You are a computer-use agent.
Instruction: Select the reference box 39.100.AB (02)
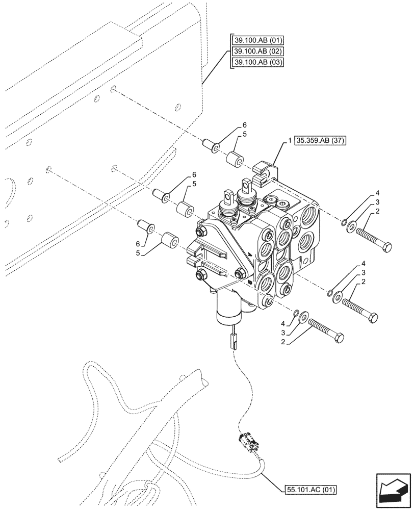pyautogui.click(x=258, y=52)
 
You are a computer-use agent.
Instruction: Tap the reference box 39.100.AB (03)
pyautogui.click(x=258, y=62)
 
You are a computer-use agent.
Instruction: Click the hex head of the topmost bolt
pyautogui.click(x=387, y=248)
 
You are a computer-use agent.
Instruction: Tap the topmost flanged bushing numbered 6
pyautogui.click(x=211, y=146)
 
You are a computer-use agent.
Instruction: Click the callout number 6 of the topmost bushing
pyautogui.click(x=244, y=125)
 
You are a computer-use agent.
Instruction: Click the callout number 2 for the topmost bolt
pyautogui.click(x=378, y=211)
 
